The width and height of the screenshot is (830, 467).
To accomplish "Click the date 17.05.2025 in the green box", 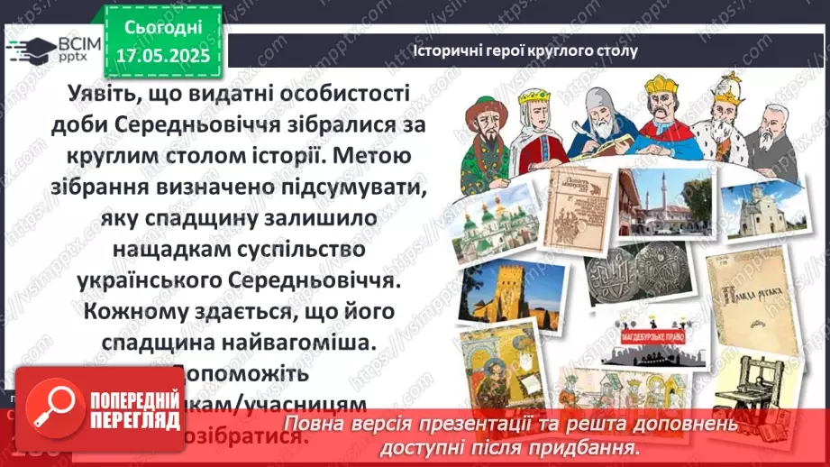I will click(162, 56).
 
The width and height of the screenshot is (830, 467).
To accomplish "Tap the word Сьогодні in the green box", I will click(161, 27).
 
